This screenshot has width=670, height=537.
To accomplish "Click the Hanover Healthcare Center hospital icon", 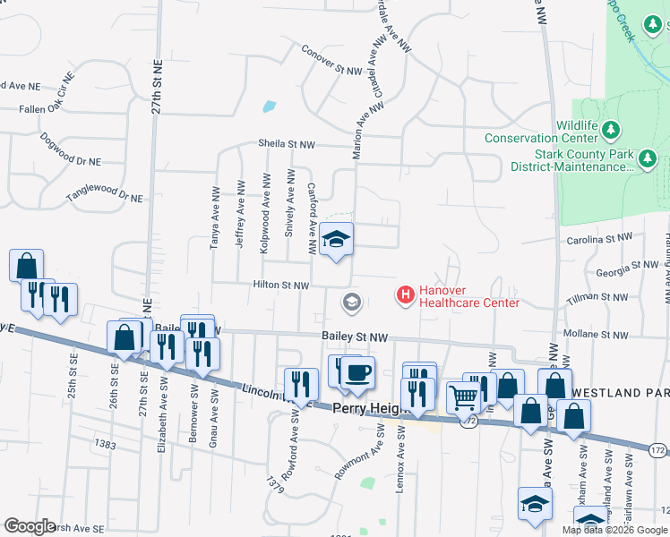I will tap(405, 294).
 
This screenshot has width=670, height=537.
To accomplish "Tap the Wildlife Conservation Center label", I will tap(541, 132).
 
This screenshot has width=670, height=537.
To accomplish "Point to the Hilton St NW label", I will tap(281, 286).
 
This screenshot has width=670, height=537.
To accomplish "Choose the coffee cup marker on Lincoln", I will tap(357, 372).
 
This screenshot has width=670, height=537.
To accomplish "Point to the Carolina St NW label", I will tap(600, 240).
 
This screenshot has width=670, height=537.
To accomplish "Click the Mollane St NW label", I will tap(599, 335).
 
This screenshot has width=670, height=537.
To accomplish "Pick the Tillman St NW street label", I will tap(601, 296).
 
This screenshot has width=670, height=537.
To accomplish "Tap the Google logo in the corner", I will tap(30, 526).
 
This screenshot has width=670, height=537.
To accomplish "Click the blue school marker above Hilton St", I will tap(337, 239).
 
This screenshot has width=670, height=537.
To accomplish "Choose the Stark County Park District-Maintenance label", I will tap(571, 159).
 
